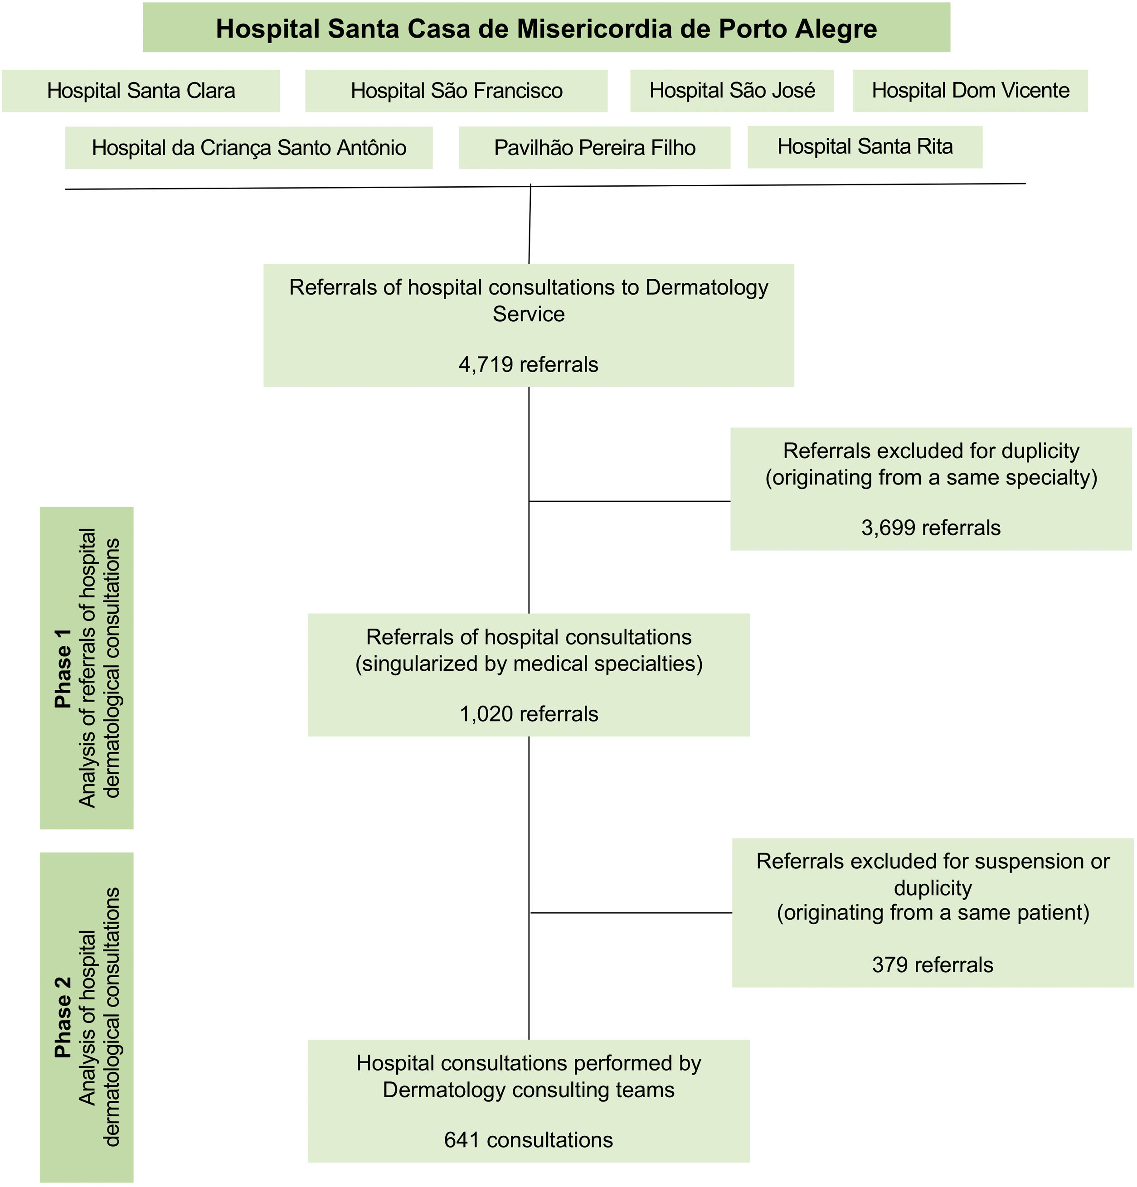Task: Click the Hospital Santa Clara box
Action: [141, 91]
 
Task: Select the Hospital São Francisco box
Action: [456, 91]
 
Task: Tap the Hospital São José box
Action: [732, 91]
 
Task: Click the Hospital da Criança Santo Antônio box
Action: [249, 148]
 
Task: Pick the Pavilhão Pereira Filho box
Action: [594, 148]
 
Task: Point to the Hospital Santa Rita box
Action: [865, 146]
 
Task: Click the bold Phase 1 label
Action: [63, 668]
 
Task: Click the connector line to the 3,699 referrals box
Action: [630, 501]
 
